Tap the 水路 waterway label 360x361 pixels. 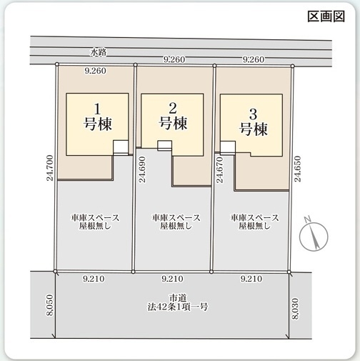(99, 52)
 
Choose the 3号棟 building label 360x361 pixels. (253, 121)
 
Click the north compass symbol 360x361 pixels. (313, 235)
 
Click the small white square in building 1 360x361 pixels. (121, 147)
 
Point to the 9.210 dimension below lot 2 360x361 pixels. (174, 279)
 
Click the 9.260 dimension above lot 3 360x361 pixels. (254, 60)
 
